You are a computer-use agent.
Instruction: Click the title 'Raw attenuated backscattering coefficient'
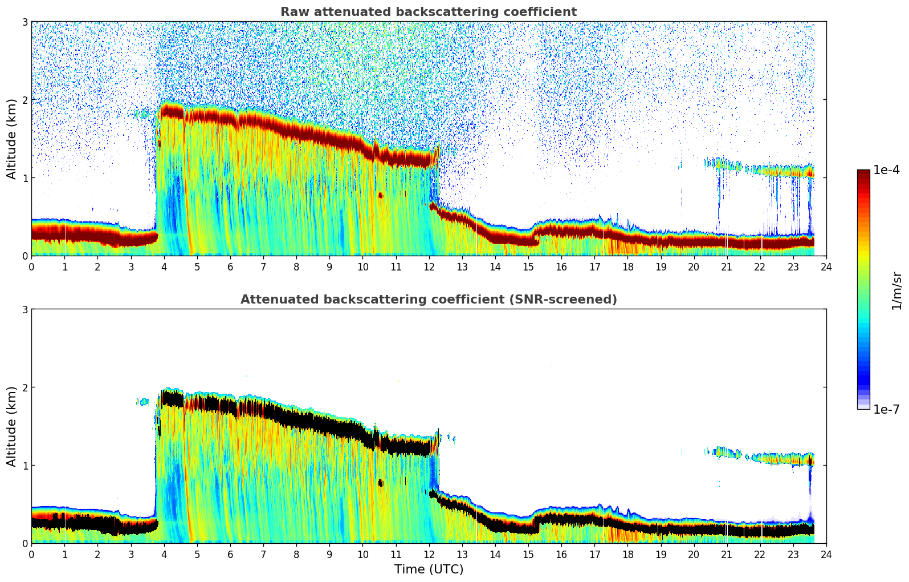coord(428,12)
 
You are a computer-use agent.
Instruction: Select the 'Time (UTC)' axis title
coord(429,569)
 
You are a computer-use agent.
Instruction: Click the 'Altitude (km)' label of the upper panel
coord(12,139)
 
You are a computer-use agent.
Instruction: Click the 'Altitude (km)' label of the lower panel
coord(12,426)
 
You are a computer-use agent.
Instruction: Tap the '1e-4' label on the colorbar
coord(886,170)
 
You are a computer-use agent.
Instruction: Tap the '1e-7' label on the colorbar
coord(886,409)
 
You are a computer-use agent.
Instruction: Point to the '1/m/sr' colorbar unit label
coord(896,290)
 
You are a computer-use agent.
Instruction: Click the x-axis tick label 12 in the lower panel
coord(429,554)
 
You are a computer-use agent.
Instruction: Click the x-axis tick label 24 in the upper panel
coord(826,266)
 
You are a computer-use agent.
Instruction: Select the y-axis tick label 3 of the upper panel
coord(25,22)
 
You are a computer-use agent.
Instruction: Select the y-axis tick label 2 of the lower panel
coord(25,387)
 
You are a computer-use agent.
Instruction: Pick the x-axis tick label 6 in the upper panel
coord(230,266)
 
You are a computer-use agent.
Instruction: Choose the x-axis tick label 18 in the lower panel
coord(627,554)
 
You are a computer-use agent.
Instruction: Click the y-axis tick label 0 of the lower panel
coord(25,543)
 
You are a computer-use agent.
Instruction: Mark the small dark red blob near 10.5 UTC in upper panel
coord(380,195)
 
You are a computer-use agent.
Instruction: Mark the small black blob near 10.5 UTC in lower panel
coord(380,483)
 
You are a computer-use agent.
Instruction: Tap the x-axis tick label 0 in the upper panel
coord(31,266)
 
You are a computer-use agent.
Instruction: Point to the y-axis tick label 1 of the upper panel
coord(25,178)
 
